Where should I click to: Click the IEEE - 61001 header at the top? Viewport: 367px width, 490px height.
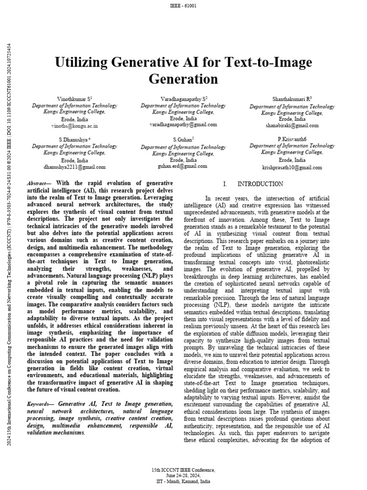click(183, 5)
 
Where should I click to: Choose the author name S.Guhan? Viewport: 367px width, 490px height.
click(183, 139)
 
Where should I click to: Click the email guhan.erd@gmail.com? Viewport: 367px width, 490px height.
click(183, 166)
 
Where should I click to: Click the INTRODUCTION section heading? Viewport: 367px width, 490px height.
click(260, 184)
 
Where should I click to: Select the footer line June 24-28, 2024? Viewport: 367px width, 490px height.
click(183, 475)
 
